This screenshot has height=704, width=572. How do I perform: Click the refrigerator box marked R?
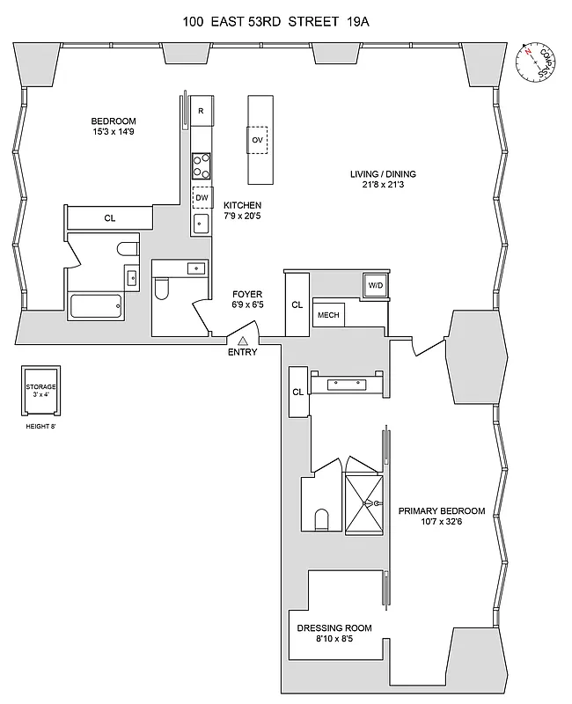(x=202, y=111)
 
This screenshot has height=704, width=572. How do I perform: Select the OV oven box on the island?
(x=258, y=140)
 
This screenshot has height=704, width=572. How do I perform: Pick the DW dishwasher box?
(x=202, y=197)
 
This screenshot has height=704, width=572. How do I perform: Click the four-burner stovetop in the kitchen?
(x=202, y=165)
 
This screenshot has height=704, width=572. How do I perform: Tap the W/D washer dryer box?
(x=375, y=285)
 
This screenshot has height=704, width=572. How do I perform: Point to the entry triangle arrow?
(x=242, y=341)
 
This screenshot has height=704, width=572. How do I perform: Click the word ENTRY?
(x=242, y=353)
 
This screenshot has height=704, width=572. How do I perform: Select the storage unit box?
(x=40, y=392)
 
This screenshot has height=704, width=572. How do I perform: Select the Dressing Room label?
(x=334, y=628)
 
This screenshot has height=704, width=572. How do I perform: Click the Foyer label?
(x=246, y=294)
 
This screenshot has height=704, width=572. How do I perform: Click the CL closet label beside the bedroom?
(x=109, y=218)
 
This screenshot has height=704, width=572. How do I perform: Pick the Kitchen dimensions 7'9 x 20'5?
(x=243, y=216)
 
